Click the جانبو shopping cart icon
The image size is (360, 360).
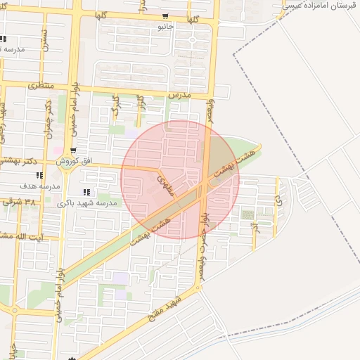(165, 16)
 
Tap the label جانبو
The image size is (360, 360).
(165, 26)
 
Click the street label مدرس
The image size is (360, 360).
(180, 94)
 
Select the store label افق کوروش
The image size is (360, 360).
(77, 161)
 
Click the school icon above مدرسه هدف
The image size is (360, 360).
(39, 176)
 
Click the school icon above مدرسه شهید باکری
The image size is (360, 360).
(86, 192)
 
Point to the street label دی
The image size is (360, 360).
(279, 200)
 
